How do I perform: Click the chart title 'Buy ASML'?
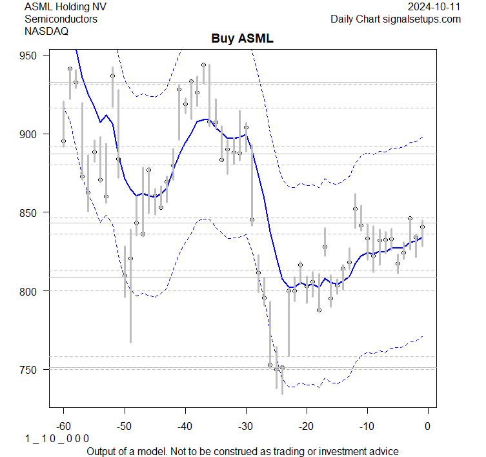(242, 39)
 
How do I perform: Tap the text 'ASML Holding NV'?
(65, 6)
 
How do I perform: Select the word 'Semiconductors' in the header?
(61, 19)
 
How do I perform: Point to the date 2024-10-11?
(434, 6)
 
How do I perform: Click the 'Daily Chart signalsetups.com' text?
(396, 19)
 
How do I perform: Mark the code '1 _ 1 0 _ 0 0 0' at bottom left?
(57, 438)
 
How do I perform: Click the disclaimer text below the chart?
(242, 451)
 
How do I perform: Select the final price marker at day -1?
(422, 227)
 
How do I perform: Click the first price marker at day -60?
(63, 141)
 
